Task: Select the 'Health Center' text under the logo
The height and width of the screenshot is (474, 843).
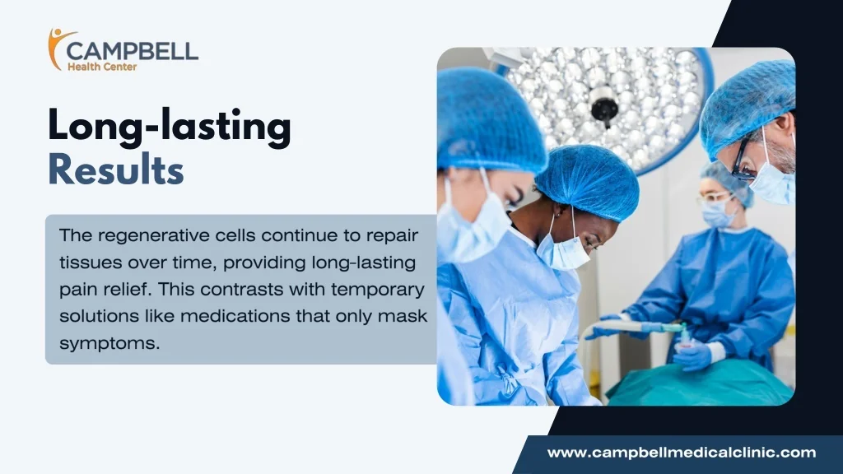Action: click(102, 67)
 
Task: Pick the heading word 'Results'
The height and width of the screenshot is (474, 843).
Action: click(115, 170)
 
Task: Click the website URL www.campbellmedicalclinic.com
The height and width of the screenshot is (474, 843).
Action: click(681, 453)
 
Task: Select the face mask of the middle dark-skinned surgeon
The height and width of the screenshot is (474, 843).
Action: click(563, 250)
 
